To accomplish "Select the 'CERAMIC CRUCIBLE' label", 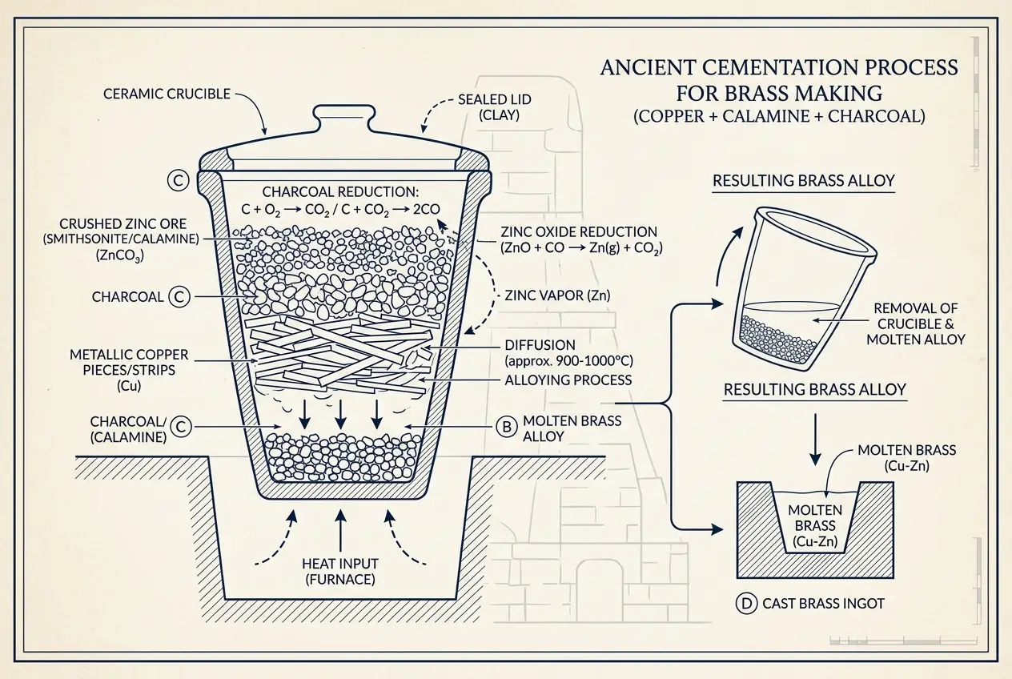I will pos(167,94).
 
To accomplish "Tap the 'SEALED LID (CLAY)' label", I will pos(488,107).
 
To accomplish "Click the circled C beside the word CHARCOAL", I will pos(179,297).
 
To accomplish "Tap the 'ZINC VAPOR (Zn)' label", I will pos(557,295).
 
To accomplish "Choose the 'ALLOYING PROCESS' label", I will pos(568,380).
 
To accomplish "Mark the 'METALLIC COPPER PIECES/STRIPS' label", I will pos(118,364).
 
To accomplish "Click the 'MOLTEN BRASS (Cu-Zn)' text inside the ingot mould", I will pos(813,526).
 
